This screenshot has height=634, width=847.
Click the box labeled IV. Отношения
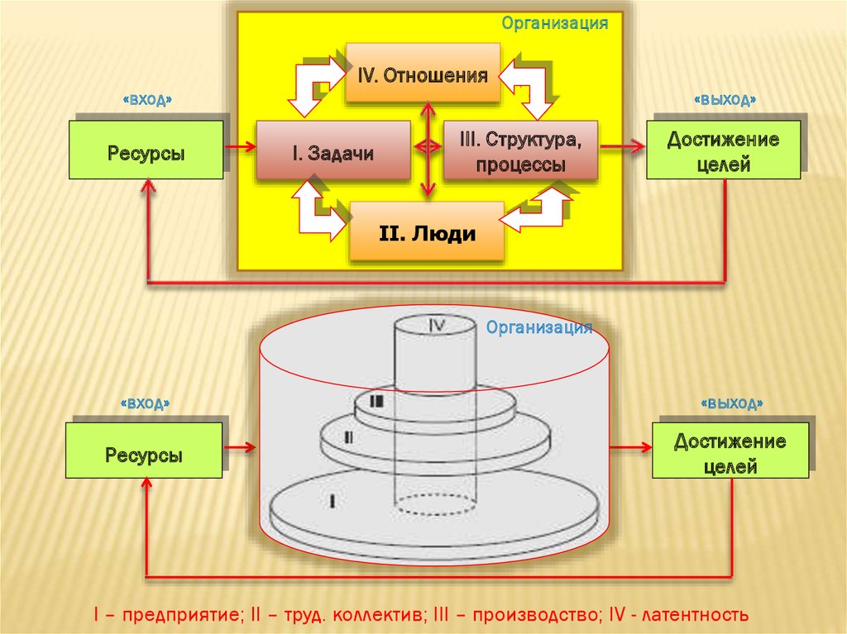pos(423,76)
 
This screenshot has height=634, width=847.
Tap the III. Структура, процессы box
pos(520,150)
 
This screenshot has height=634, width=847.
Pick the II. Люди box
pos(427,233)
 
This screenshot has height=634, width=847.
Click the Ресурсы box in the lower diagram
pos(144,454)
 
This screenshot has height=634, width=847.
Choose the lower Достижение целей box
pos(730,452)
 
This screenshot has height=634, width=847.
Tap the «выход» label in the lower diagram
pos(731,403)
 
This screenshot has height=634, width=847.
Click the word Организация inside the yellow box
pos(555,23)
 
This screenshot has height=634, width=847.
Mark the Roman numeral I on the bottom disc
pos(332,501)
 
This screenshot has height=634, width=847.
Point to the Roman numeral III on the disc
pos(377,402)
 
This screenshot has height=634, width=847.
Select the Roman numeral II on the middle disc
pos(348,437)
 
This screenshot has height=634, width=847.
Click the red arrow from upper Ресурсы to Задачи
pos(239,148)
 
